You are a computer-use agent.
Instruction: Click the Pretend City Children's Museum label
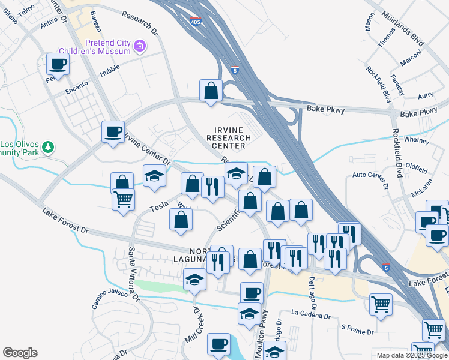[108, 47]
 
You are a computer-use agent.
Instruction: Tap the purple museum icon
[140, 46]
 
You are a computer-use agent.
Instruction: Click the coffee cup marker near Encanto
[58, 64]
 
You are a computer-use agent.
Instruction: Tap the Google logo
[20, 353]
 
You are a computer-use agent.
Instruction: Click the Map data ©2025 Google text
[412, 355]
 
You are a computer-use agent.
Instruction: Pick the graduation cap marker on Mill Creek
[194, 280]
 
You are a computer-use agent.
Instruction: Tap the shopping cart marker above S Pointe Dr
[380, 304]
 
